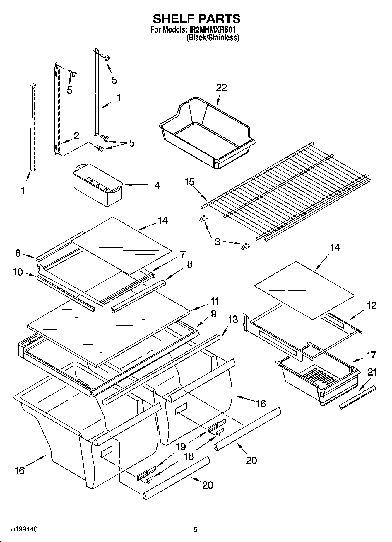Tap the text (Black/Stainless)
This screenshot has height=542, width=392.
pyautogui.click(x=213, y=38)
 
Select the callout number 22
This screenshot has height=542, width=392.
pyautogui.click(x=222, y=87)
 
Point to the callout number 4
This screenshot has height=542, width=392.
pyautogui.click(x=157, y=186)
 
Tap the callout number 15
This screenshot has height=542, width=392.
pyautogui.click(x=189, y=182)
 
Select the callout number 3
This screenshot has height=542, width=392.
pyautogui.click(x=217, y=242)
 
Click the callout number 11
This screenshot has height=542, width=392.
pyautogui.click(x=215, y=301)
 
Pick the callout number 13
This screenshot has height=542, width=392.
pyautogui.click(x=233, y=319)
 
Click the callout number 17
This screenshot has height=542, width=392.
pyautogui.click(x=371, y=355)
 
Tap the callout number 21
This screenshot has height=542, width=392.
pyautogui.click(x=372, y=372)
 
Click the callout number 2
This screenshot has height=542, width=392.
pyautogui.click(x=76, y=135)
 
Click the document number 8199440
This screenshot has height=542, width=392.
pyautogui.click(x=24, y=529)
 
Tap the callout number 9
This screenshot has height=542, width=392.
pyautogui.click(x=213, y=314)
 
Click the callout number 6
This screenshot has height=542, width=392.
pyautogui.click(x=18, y=253)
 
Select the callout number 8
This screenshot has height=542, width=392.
pyautogui.click(x=189, y=264)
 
